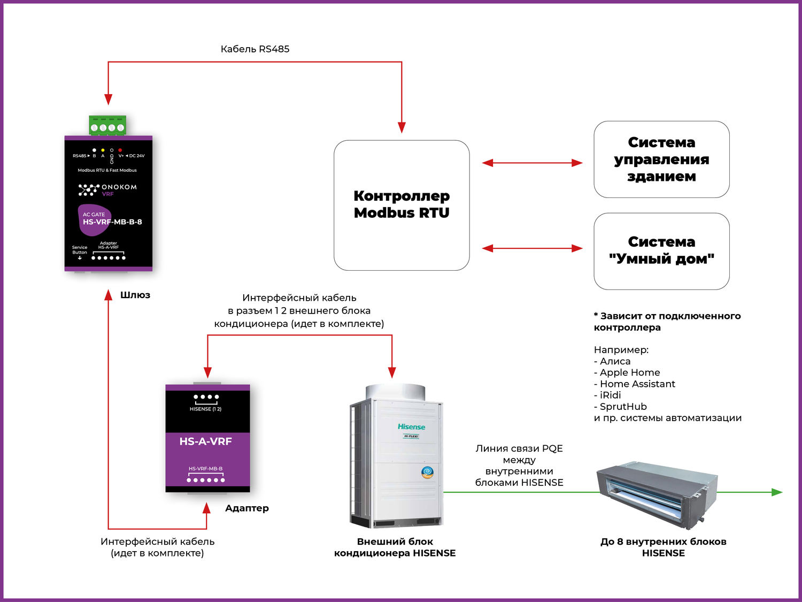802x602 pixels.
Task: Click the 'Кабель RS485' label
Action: (x=255, y=49)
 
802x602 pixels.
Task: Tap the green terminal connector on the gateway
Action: (x=107, y=126)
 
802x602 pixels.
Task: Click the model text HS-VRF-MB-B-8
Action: (x=112, y=222)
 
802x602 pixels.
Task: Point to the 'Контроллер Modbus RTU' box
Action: (x=402, y=205)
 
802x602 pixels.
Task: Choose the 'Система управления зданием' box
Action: (x=661, y=159)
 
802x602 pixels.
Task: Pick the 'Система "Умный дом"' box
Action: (x=661, y=251)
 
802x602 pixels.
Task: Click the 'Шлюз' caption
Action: (x=135, y=295)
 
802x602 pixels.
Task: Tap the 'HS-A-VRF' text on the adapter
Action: (x=206, y=441)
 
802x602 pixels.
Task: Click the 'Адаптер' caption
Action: (x=247, y=508)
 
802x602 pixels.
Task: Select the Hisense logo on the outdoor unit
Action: (x=411, y=426)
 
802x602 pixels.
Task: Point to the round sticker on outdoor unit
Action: (x=427, y=472)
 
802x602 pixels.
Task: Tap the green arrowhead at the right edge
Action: (x=777, y=492)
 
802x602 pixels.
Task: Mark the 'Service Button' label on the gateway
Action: (x=80, y=250)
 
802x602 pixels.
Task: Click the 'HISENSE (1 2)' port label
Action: (x=206, y=409)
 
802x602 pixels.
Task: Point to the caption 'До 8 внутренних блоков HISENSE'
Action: (x=663, y=547)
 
